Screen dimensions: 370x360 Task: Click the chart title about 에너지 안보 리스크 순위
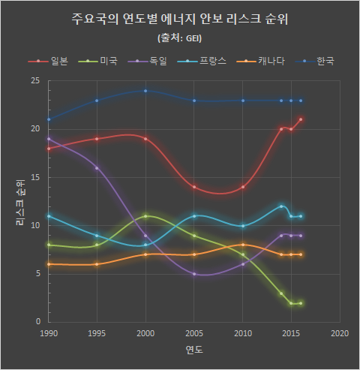coord(179,19)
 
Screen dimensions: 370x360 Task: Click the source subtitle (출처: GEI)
coord(180,37)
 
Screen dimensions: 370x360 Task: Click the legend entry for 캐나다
coord(264,61)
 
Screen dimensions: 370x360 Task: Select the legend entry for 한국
coord(317,61)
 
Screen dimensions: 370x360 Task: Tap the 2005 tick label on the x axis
coord(194,332)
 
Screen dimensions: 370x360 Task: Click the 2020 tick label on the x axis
coord(340,332)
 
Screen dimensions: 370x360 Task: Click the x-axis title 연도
coord(194,350)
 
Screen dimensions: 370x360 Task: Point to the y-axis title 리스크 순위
coord(20,201)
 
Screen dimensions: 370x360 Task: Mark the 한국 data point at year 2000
coord(145,91)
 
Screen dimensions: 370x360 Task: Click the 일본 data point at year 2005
coord(194,187)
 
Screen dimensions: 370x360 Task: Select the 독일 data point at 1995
coord(97,168)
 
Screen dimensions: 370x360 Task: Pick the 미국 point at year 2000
coord(145,216)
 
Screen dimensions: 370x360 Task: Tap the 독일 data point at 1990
coord(49,139)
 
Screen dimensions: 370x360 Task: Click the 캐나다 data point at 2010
coord(243,245)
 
